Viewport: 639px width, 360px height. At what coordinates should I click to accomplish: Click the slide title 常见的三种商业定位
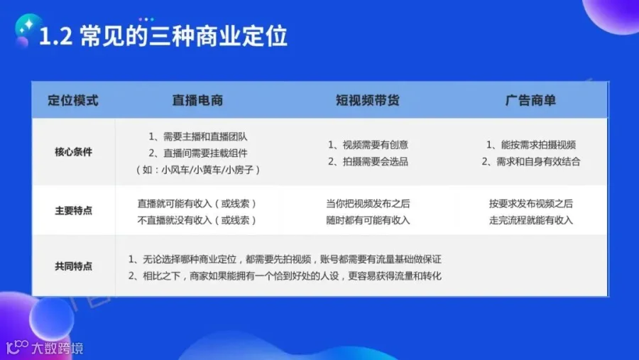(x=184, y=36)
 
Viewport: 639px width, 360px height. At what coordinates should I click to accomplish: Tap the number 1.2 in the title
(x=56, y=37)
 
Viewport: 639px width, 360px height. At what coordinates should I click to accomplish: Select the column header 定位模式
(x=73, y=100)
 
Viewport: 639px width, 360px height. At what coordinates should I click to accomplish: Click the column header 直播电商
(x=197, y=100)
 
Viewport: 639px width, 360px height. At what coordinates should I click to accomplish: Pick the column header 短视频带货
(x=368, y=100)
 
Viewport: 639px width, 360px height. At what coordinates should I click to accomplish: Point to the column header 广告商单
(x=530, y=100)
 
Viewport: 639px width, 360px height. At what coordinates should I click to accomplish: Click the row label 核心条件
(x=73, y=152)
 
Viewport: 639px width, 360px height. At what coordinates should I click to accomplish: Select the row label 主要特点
(x=73, y=210)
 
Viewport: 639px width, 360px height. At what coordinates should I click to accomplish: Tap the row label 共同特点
(x=73, y=266)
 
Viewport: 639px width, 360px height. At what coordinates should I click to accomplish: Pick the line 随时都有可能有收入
(x=368, y=220)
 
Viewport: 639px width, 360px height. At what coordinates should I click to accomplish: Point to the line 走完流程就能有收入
(x=531, y=220)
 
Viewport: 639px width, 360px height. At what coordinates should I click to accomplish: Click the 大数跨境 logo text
(x=58, y=348)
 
